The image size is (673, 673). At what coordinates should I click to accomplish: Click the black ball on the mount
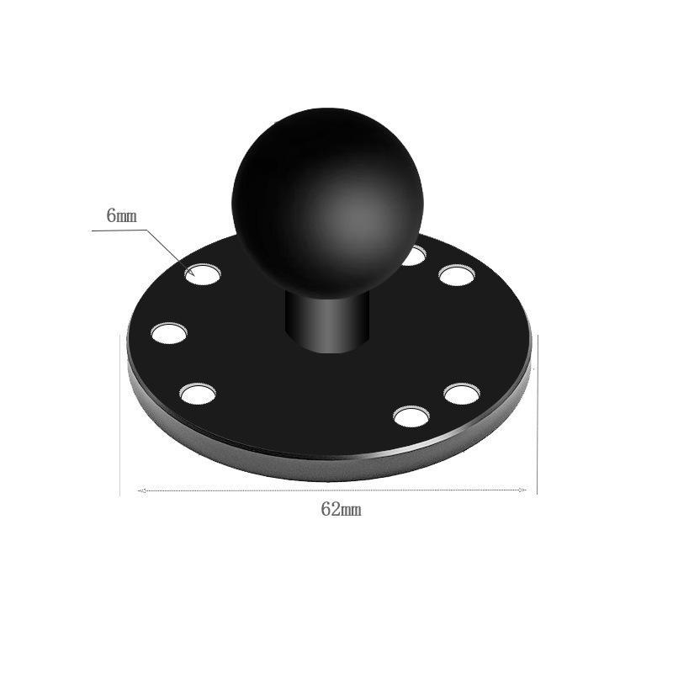click(x=327, y=202)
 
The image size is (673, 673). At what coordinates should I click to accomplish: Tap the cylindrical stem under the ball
click(x=326, y=322)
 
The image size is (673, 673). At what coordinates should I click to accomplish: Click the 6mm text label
click(x=121, y=216)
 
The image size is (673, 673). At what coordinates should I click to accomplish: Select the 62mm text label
click(x=342, y=510)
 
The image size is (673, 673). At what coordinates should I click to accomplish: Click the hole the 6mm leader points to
click(x=203, y=274)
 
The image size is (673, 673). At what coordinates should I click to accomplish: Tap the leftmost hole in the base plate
click(x=169, y=333)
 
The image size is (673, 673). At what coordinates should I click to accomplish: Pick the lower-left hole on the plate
click(x=198, y=394)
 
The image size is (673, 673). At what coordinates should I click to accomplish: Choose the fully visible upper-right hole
click(x=457, y=275)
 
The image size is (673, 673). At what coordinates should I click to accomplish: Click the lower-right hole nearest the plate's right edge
click(x=462, y=395)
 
